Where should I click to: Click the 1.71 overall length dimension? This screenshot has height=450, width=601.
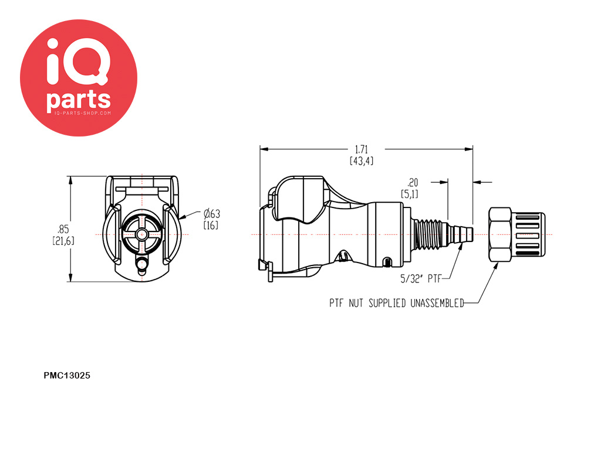(x=361, y=149)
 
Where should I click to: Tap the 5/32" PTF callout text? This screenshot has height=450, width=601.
(x=420, y=279)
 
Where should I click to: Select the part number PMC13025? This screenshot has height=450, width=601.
(x=67, y=376)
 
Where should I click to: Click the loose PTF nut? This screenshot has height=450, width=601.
(x=515, y=234)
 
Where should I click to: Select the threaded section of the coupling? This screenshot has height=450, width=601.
(x=431, y=234)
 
